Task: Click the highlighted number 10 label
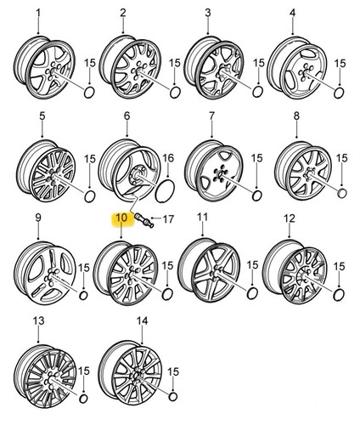pos(122,218)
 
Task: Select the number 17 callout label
pos(168,219)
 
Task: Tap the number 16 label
pos(168,158)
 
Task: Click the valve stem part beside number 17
pos(144,220)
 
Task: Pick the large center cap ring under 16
pos(166,190)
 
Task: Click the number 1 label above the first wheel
pos(38,13)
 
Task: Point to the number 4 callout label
pos(293,13)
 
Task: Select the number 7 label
pos(211,116)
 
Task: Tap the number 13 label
pos(38,321)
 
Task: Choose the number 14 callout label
pos(142,321)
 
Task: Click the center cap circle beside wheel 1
pos(89,93)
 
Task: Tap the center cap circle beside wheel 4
pos(339,93)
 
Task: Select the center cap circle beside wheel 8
pos(342,193)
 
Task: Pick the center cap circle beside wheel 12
pos(340,295)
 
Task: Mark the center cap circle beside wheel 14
pos(172,397)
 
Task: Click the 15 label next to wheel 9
pos(83,268)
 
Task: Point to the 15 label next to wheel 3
pos(258,63)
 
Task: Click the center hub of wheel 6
pos(138,177)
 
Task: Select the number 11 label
pos(202,218)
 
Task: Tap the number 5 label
pos(42,116)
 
